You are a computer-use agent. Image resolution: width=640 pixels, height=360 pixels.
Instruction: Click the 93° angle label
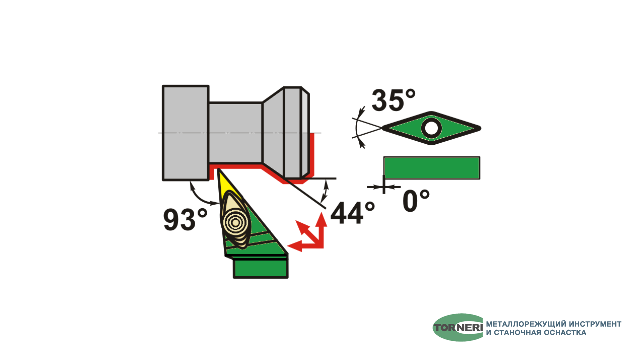click(185, 219)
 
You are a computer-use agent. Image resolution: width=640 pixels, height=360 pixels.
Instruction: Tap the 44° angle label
click(353, 213)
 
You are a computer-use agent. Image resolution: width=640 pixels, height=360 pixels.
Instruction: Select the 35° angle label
click(394, 100)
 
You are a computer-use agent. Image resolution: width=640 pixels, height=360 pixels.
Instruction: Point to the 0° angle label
click(416, 201)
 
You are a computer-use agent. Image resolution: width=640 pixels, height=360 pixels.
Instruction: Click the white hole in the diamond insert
click(431, 128)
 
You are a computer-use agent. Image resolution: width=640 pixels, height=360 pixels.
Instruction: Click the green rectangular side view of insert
click(432, 168)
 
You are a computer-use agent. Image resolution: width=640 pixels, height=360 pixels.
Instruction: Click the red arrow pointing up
click(321, 230)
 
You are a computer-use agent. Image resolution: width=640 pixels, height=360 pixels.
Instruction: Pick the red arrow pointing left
click(305, 246)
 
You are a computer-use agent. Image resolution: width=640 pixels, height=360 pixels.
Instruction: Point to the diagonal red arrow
click(308, 233)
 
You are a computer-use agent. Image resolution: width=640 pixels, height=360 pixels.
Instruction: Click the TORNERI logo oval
click(458, 327)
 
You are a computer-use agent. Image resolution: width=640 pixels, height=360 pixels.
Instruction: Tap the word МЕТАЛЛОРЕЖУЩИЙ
click(526, 324)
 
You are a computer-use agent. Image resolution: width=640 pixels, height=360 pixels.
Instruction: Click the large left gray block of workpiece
click(185, 133)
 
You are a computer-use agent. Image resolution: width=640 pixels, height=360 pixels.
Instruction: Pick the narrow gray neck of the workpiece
click(235, 133)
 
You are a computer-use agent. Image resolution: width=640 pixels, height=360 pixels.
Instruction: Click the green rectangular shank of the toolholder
click(261, 267)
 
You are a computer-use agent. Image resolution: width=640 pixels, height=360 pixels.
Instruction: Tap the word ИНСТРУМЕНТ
click(595, 324)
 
